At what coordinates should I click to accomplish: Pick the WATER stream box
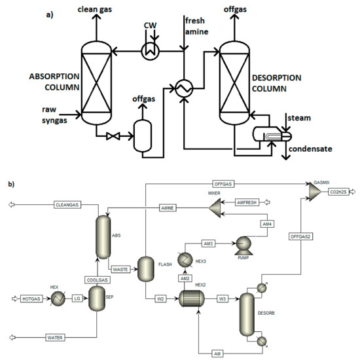coord(57,338)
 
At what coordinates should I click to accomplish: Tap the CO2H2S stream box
coord(340,192)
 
